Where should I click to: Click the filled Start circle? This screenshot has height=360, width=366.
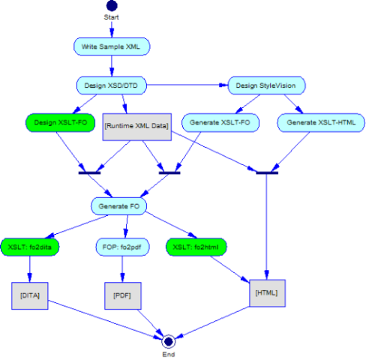112,5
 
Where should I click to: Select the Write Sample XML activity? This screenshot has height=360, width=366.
112,46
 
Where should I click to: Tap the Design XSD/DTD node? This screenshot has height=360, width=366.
112,85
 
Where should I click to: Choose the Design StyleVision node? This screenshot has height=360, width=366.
266,85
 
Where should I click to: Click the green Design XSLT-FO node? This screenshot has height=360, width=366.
61,122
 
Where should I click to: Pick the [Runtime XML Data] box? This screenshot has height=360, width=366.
137,127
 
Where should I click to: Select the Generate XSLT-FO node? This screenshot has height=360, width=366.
220,122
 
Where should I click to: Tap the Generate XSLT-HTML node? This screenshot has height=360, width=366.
321,122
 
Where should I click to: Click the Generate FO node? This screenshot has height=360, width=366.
118,206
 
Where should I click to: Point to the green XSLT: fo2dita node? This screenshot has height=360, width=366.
30,247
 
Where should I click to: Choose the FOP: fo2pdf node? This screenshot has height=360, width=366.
122,247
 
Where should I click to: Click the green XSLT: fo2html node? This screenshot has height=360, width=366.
196,247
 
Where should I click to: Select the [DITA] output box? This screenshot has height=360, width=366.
30,295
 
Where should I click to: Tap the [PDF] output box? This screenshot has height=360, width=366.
123,295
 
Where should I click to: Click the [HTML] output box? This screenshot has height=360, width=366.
268,293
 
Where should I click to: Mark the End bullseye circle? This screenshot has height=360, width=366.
169,341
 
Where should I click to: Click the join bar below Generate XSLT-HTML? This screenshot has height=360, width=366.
267,172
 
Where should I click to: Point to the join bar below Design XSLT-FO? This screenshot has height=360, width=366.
89,172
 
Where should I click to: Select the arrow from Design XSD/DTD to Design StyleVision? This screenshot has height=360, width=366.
187,85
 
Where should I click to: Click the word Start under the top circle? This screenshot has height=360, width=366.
112,17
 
